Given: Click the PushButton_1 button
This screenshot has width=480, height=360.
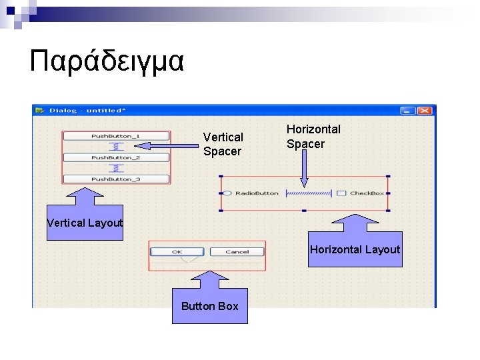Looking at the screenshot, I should coord(116,136).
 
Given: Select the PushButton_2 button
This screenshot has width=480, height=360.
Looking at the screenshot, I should coord(116,157).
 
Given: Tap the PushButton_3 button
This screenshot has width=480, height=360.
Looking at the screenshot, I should coord(116,179).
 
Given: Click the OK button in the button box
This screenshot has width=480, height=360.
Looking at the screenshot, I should coord(177,251).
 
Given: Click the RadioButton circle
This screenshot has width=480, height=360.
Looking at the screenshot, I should coord(227,193).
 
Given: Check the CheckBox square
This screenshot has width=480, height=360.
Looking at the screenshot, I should coord(341,193).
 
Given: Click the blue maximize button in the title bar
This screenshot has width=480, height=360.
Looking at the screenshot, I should coord(408,111).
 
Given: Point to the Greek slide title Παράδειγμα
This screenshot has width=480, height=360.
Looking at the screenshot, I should coord(107,61).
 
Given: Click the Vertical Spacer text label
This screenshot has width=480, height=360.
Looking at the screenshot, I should coord(223,144).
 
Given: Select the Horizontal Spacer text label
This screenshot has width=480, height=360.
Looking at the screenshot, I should coord(313,137).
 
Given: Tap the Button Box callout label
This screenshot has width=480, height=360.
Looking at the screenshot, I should coord(209,306).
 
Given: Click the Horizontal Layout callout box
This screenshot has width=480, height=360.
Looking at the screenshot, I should coord(355,249).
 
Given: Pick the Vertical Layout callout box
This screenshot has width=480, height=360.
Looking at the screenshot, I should coord(85,223).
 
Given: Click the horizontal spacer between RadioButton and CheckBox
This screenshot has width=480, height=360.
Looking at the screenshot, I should coord(308,193).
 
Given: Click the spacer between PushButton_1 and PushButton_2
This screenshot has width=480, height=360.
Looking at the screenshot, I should coord(116,147).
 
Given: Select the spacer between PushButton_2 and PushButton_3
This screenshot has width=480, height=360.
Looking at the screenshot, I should coord(116,168).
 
